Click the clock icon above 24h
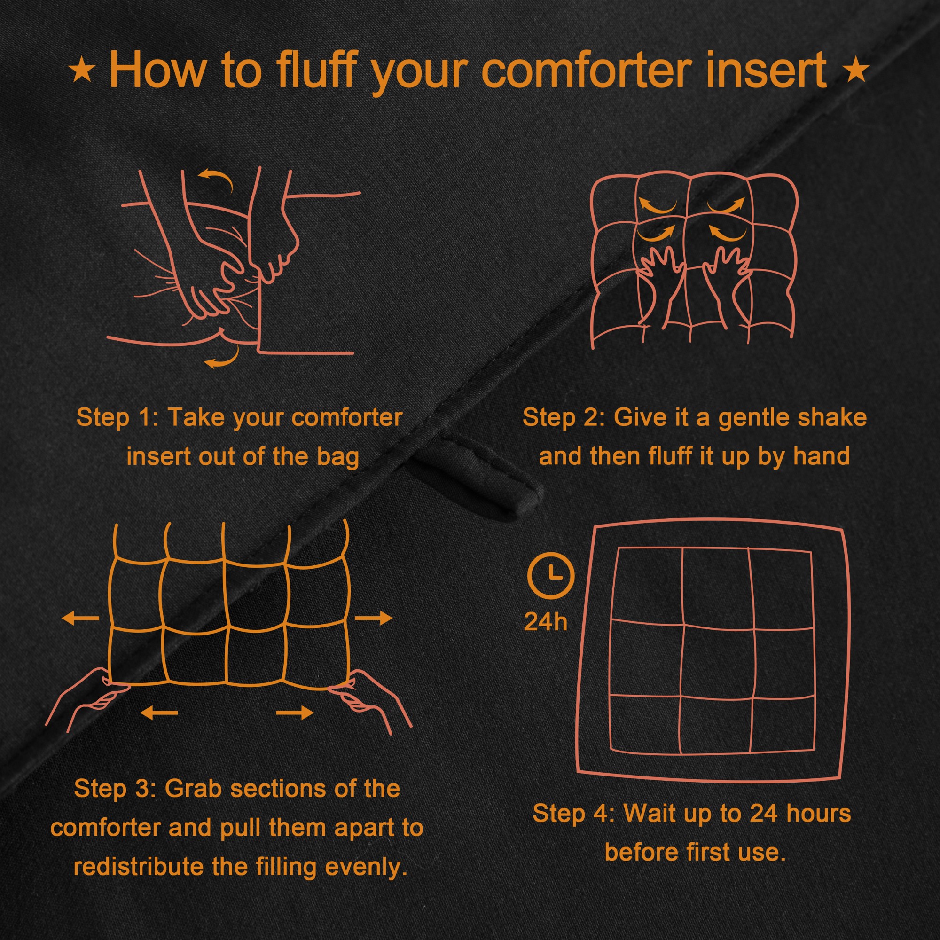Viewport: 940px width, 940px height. [551, 576]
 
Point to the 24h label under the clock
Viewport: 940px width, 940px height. [545, 622]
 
